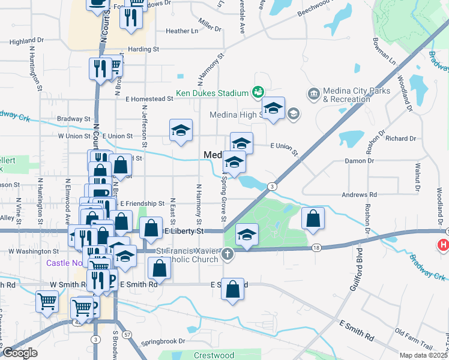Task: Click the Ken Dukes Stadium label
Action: pyautogui.click(x=212, y=94)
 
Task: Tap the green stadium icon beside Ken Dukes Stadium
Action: pyautogui.click(x=258, y=92)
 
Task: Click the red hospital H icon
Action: pyautogui.click(x=444, y=245)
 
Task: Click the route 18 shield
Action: pyautogui.click(x=316, y=247)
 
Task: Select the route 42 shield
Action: pyautogui.click(x=77, y=322)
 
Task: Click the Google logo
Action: pyautogui.click(x=19, y=353)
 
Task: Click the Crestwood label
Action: pyautogui.click(x=214, y=355)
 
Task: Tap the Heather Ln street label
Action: pyautogui.click(x=181, y=31)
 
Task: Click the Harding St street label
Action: pyautogui.click(x=143, y=49)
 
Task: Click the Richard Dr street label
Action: pyautogui.click(x=400, y=139)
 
